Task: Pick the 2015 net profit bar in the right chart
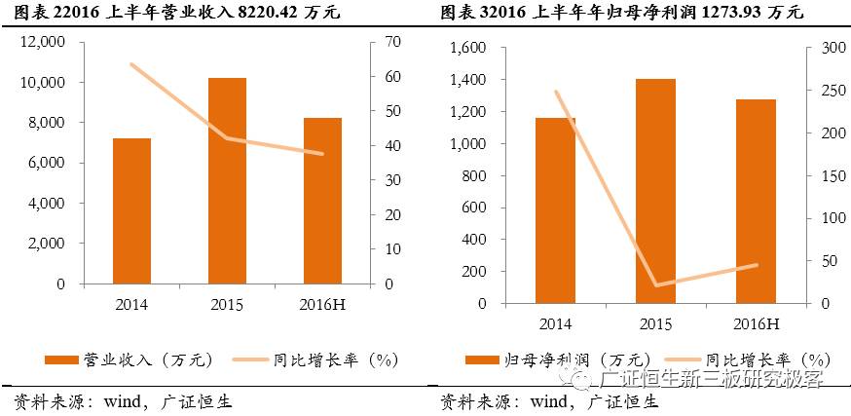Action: [x=655, y=191]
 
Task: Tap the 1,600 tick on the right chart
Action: [x=468, y=49]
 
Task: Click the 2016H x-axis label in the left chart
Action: [x=322, y=305]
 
